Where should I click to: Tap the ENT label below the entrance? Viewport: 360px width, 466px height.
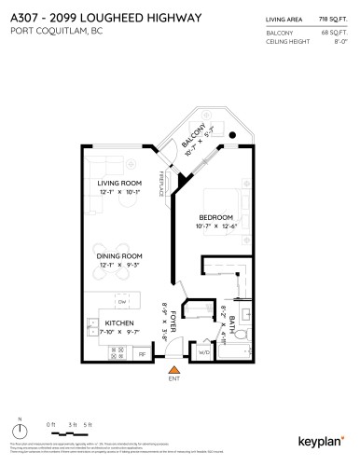173,380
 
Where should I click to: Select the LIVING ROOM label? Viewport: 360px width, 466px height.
119,209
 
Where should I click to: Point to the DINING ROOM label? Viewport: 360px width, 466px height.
120,255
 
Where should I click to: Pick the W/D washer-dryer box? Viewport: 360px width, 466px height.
204,351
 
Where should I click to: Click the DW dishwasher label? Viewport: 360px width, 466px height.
121,303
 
